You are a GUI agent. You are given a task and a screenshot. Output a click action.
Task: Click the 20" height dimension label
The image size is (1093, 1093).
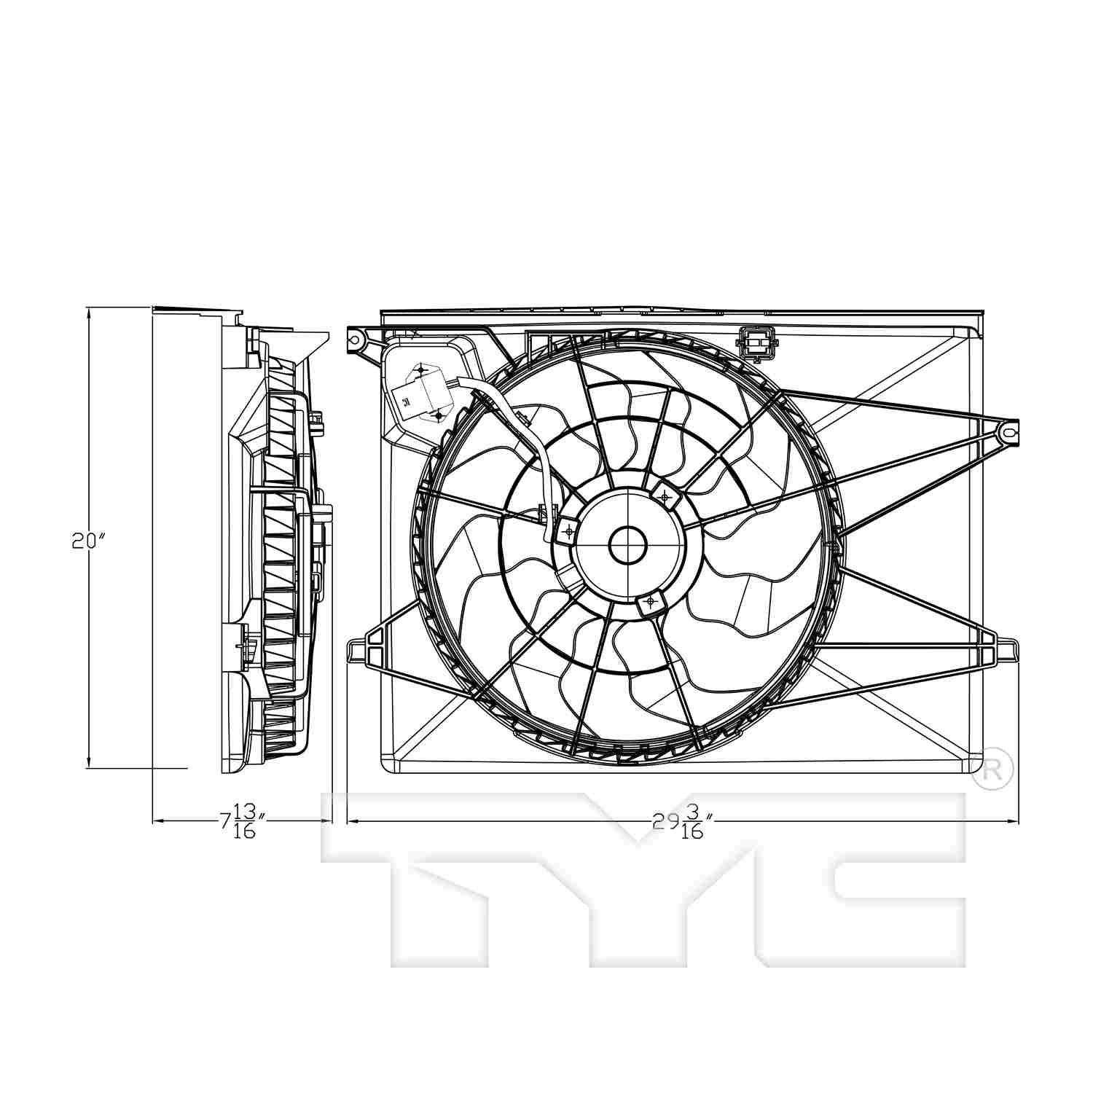[89, 541]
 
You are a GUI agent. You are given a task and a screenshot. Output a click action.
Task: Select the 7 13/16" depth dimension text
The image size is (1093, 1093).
[240, 821]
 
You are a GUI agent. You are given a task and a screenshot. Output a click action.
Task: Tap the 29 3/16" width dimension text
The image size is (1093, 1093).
[681, 821]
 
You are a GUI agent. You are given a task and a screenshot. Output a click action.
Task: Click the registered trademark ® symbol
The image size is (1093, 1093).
[992, 770]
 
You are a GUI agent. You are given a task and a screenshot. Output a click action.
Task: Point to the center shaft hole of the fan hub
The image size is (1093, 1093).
[627, 545]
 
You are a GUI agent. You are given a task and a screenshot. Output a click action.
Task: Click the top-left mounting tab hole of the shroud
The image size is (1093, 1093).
[355, 339]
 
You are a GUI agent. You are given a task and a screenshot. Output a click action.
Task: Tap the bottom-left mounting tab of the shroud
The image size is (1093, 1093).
[359, 651]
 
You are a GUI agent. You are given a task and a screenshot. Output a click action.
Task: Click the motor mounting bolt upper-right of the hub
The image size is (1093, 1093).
[664, 496]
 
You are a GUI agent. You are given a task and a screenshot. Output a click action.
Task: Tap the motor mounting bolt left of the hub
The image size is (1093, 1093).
[568, 531]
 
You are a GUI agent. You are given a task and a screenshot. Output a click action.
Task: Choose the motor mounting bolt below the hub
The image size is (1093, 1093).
[649, 602]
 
